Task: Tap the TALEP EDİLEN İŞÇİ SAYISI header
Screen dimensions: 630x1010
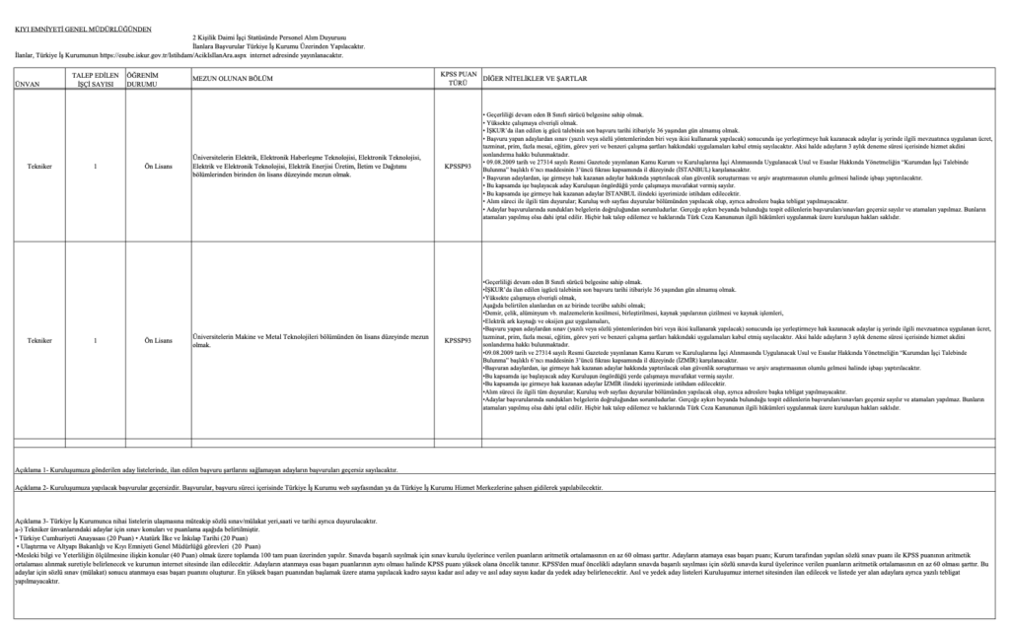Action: click(x=95, y=80)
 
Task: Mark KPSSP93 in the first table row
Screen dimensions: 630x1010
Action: click(x=458, y=167)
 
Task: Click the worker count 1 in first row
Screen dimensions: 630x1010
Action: click(x=95, y=167)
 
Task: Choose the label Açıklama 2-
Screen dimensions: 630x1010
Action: click(x=30, y=487)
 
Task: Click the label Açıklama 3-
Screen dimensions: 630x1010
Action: click(x=30, y=520)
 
